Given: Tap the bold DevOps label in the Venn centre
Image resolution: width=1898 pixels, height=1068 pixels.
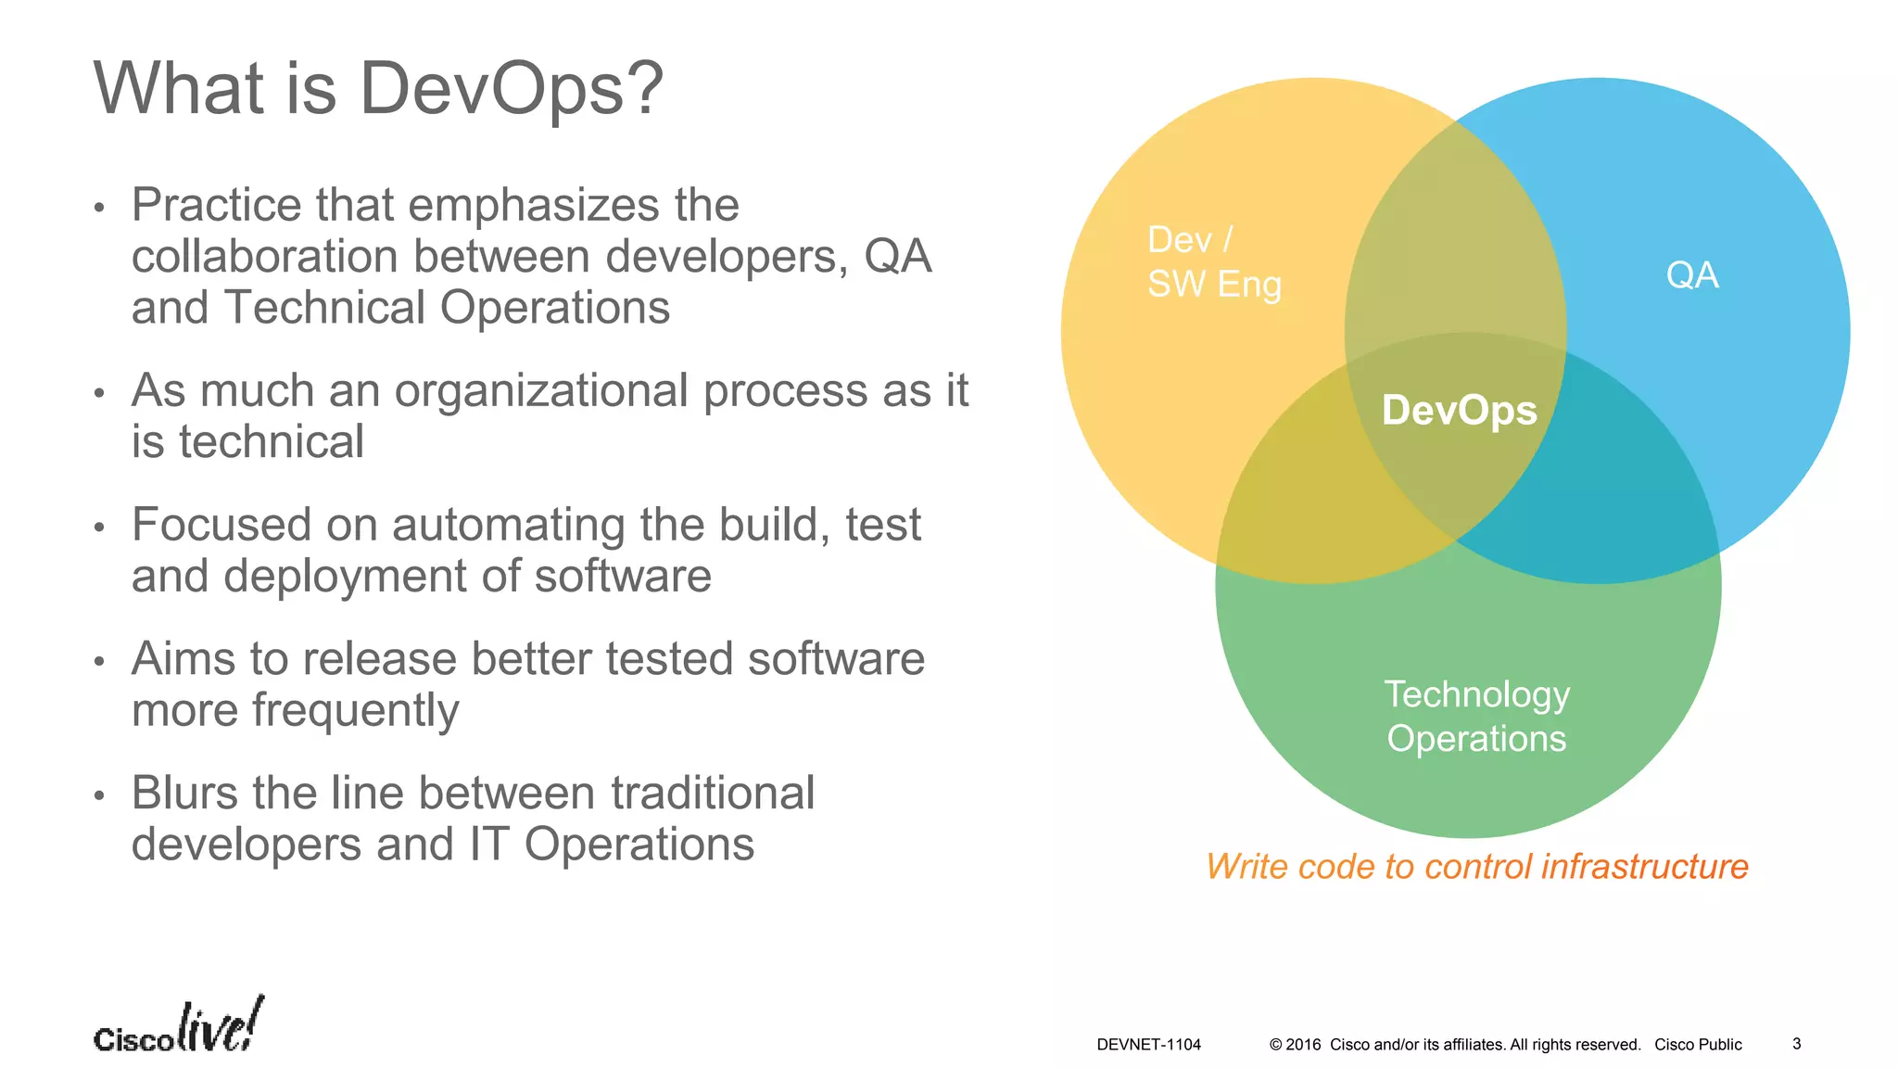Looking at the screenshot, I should point(1459,410).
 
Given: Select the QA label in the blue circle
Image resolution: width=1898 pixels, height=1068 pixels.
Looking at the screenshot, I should point(1692,275).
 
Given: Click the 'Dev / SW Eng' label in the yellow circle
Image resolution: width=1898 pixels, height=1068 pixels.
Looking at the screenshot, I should point(1214,262).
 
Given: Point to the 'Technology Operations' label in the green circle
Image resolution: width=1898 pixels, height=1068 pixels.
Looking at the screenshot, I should point(1476,717).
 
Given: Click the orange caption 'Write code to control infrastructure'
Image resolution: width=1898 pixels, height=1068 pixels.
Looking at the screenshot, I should point(1476,867).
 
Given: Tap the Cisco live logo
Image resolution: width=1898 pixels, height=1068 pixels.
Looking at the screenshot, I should point(179,1027).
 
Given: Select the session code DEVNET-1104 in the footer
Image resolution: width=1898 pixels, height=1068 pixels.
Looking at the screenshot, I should point(1148,1045).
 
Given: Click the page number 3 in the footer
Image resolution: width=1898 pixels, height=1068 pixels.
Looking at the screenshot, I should point(1796,1044).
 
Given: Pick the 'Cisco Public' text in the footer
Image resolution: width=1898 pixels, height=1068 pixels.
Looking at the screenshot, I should point(1698,1045).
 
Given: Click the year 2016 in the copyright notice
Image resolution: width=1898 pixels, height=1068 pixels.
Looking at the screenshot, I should point(1303,1045).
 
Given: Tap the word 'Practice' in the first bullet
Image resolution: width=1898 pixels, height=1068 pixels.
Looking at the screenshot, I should point(216,206).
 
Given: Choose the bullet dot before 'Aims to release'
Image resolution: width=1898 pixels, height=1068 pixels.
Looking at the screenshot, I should point(99,662).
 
